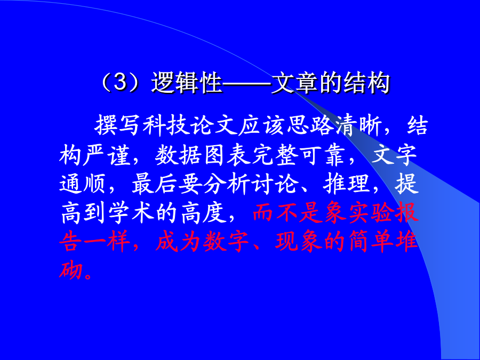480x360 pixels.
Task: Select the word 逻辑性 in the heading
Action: pos(187,83)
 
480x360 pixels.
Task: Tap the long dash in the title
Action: pos(246,83)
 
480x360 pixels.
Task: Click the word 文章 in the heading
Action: pos(294,83)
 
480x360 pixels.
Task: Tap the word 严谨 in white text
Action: pos(107,155)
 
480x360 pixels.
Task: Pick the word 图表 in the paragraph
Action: pos(227,155)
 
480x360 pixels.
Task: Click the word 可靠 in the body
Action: pos(323,155)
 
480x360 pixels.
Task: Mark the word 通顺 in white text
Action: pos(82,184)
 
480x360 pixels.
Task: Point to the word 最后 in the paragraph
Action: pos(154,184)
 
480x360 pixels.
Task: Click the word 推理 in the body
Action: pos(347,184)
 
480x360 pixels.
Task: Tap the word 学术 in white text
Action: pos(131,213)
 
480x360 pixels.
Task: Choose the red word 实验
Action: pos(371,212)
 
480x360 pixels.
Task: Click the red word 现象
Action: pos(299,241)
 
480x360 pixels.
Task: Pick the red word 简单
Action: pos(371,241)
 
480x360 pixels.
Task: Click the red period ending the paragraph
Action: pos(88,276)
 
